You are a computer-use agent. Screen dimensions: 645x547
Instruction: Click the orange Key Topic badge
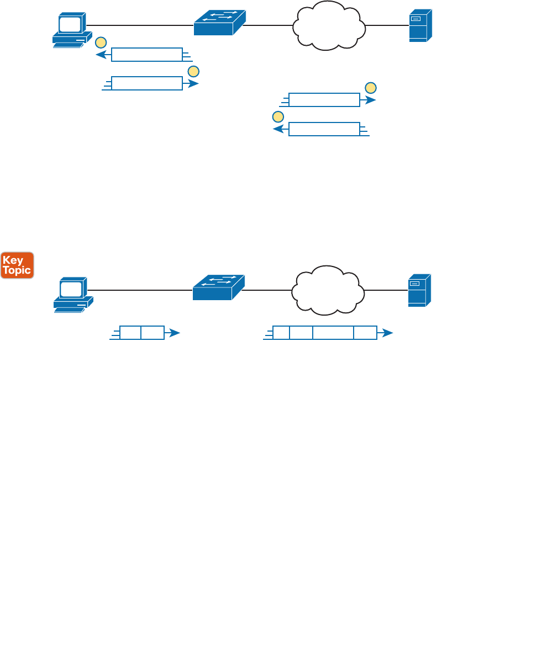pyautogui.click(x=17, y=265)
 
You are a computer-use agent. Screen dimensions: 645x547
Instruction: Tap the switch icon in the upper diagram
pyautogui.click(x=219, y=23)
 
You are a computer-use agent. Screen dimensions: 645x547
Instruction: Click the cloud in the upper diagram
pyautogui.click(x=329, y=25)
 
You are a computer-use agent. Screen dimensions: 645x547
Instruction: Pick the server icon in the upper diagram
pyautogui.click(x=420, y=25)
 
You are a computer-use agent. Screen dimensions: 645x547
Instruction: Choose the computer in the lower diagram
pyautogui.click(x=73, y=295)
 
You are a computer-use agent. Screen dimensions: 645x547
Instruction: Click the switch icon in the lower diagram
pyautogui.click(x=218, y=287)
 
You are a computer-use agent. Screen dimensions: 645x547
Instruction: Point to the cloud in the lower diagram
pyautogui.click(x=328, y=290)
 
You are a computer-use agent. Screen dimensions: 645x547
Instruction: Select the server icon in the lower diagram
pyautogui.click(x=419, y=290)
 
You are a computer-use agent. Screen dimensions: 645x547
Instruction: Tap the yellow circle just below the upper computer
pyautogui.click(x=101, y=42)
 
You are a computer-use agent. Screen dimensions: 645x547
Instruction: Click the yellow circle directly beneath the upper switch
pyautogui.click(x=193, y=71)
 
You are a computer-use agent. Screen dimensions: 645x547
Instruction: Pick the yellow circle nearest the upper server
pyautogui.click(x=371, y=88)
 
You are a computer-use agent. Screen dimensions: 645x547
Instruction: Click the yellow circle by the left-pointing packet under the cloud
pyautogui.click(x=278, y=117)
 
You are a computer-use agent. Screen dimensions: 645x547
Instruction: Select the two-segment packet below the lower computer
pyautogui.click(x=142, y=333)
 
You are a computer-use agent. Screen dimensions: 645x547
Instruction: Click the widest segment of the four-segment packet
pyautogui.click(x=333, y=333)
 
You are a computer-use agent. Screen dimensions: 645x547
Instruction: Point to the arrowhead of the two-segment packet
pyautogui.click(x=175, y=333)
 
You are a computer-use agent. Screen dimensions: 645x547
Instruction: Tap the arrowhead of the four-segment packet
pyautogui.click(x=388, y=333)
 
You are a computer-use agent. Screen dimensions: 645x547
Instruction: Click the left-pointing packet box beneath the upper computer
pyautogui.click(x=147, y=55)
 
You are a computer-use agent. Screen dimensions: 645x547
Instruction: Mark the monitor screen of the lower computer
pyautogui.click(x=71, y=289)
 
